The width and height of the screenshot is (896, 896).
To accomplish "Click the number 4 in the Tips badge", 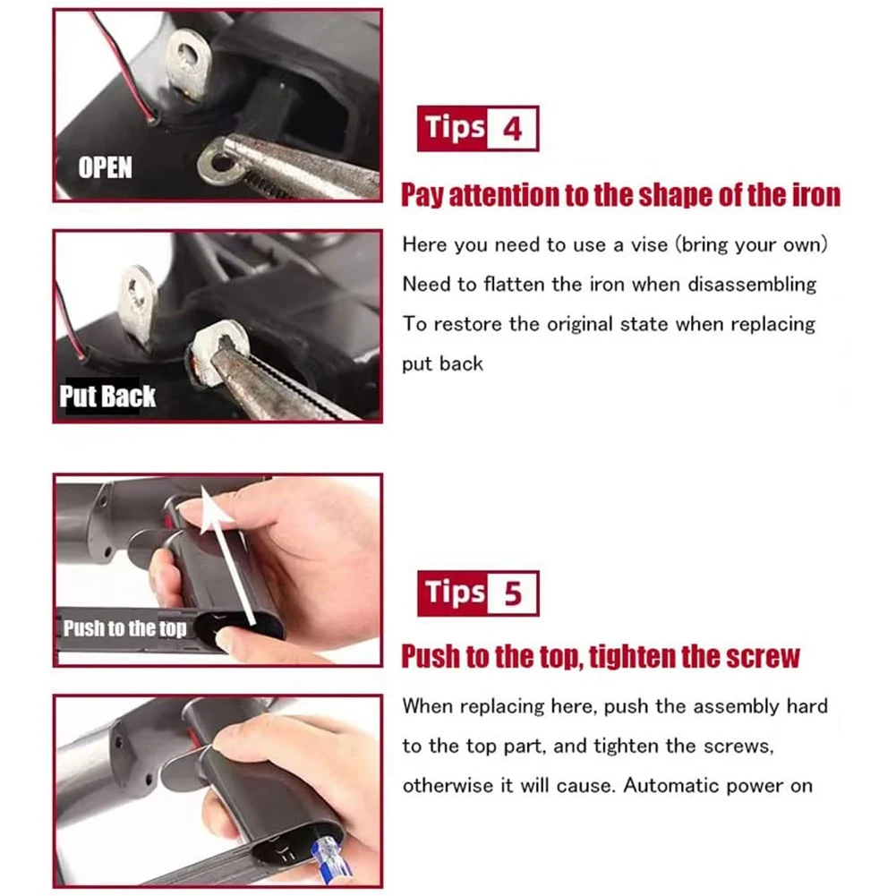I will pyautogui.click(x=512, y=129).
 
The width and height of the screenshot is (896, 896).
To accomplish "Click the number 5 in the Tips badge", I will pyautogui.click(x=513, y=593).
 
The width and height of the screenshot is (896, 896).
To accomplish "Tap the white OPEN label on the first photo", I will pyautogui.click(x=105, y=167).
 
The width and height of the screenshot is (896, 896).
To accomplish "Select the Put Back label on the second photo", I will pyautogui.click(x=107, y=397).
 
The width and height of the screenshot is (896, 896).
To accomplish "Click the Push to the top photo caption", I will pyautogui.click(x=124, y=628).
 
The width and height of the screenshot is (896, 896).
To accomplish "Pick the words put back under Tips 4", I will pyautogui.click(x=442, y=363).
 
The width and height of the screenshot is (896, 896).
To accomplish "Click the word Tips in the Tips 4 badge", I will pyautogui.click(x=455, y=128).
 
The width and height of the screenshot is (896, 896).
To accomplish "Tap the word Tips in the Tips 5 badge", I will pyautogui.click(x=455, y=593).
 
